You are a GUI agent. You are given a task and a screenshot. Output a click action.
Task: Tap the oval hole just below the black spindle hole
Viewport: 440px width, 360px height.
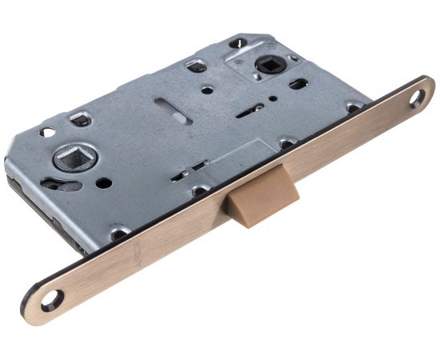pos(296,82)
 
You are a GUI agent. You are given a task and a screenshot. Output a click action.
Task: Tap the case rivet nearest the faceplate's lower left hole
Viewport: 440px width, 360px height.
pos(118,234)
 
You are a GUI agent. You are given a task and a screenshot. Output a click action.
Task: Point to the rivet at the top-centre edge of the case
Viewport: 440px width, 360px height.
pos(191,66)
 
